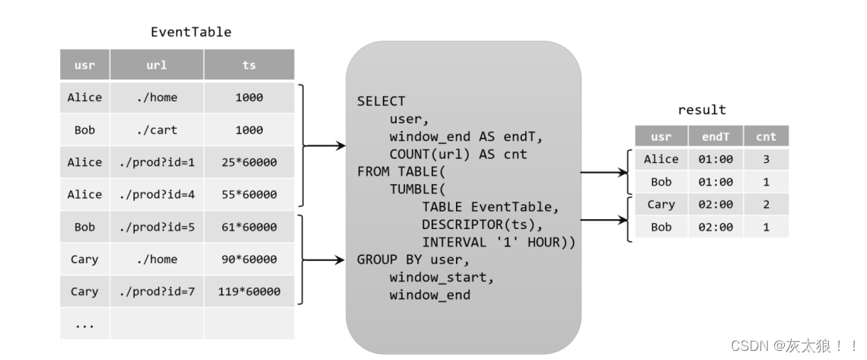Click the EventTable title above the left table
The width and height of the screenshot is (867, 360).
(190, 32)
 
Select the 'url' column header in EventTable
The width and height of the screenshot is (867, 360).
(156, 65)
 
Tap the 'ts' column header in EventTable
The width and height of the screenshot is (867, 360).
(249, 65)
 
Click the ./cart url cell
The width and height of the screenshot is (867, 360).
(156, 130)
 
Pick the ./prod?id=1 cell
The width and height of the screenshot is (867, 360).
(156, 162)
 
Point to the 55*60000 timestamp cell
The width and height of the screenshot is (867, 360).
(249, 195)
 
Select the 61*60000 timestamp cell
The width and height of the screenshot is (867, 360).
(249, 227)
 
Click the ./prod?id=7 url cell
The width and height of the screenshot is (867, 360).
(156, 292)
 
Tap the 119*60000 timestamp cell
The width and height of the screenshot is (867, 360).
(249, 292)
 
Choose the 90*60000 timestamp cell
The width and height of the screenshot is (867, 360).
(249, 260)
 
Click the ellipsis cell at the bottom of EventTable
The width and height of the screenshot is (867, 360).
(84, 324)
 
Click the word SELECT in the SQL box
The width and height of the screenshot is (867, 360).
(381, 101)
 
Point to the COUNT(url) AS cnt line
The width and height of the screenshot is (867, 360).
(457, 155)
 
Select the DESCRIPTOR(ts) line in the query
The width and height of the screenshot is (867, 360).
(482, 225)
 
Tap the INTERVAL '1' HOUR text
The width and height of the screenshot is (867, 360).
(498, 242)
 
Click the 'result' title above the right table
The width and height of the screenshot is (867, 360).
(701, 110)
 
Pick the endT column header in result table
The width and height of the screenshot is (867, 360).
(715, 137)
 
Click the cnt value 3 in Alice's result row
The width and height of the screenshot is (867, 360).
(766, 159)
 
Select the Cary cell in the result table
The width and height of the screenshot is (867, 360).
(661, 204)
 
